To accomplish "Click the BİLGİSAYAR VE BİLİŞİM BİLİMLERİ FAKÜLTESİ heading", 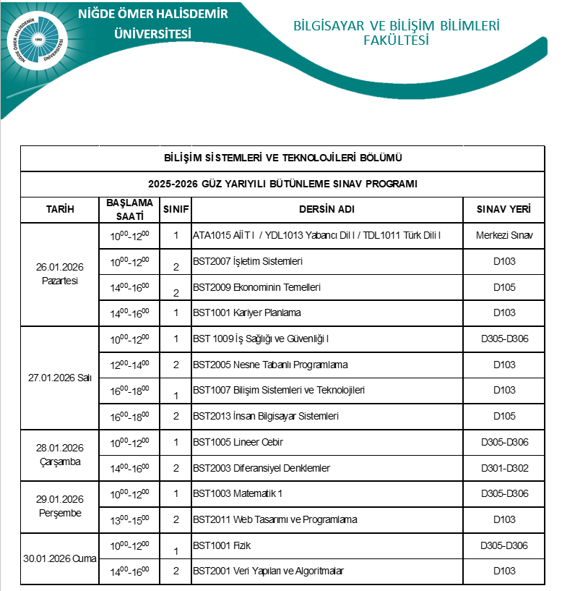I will (x=397, y=33).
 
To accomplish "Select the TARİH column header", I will (x=60, y=209).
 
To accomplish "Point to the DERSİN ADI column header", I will (x=327, y=209).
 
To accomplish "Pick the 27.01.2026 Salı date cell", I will (x=60, y=378).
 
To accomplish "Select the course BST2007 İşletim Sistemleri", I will (x=248, y=261).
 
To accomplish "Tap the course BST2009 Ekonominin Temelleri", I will (x=256, y=287).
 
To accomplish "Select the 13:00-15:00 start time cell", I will (x=129, y=519).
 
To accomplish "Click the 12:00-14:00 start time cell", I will (x=129, y=365).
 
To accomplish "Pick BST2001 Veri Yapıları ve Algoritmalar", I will (x=268, y=571).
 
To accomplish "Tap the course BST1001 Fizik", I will (x=222, y=545).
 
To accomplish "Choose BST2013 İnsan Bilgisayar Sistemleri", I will (x=266, y=416).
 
